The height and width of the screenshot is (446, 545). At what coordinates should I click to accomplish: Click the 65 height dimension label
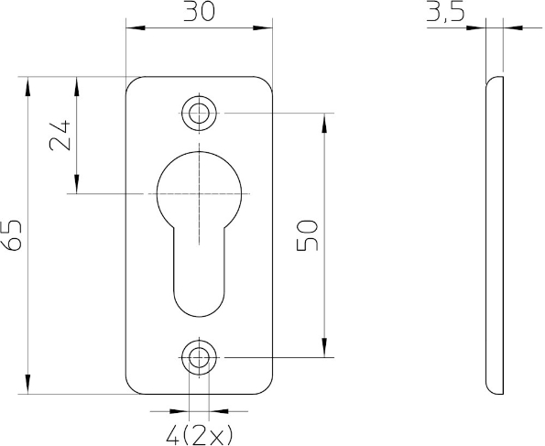pyautogui.click(x=14, y=235)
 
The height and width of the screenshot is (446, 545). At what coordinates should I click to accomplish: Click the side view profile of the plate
pyautogui.click(x=494, y=235)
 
